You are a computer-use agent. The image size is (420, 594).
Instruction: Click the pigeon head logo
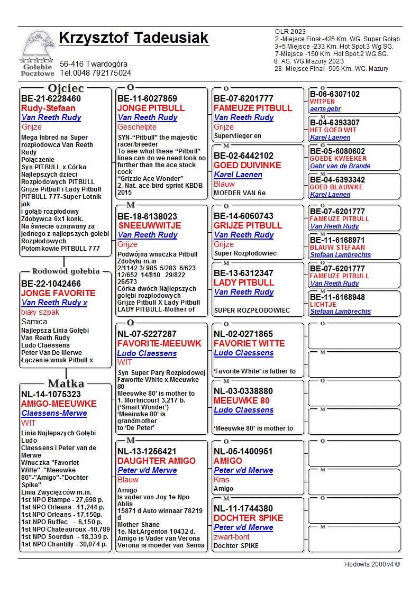(x=38, y=46)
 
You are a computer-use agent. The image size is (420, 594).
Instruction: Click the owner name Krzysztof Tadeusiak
(x=134, y=39)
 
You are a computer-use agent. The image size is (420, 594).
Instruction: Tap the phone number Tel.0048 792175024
(x=95, y=73)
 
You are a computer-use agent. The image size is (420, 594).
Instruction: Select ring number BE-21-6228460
(x=51, y=99)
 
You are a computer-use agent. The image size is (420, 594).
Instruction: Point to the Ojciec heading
(x=66, y=88)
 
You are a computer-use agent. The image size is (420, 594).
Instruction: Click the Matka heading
(x=66, y=383)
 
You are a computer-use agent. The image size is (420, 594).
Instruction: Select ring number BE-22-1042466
(x=51, y=284)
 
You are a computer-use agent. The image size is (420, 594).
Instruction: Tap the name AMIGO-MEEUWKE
(x=59, y=404)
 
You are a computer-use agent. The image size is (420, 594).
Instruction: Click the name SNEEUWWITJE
(x=149, y=225)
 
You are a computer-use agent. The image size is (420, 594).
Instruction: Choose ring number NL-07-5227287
(x=147, y=334)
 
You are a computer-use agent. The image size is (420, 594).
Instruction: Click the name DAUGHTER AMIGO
(x=157, y=461)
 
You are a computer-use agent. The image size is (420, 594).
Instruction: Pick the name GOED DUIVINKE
(x=247, y=165)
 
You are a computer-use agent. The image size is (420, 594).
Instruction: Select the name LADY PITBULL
(x=244, y=282)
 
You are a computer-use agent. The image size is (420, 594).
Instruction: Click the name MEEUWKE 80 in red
(x=241, y=400)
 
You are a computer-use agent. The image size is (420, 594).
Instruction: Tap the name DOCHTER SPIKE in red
(x=248, y=518)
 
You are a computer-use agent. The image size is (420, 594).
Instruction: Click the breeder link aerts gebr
(x=325, y=109)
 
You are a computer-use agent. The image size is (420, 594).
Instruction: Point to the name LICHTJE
(x=324, y=305)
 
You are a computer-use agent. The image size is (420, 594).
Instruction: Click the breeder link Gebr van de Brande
(x=340, y=166)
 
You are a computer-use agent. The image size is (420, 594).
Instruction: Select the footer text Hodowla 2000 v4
(x=372, y=564)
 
